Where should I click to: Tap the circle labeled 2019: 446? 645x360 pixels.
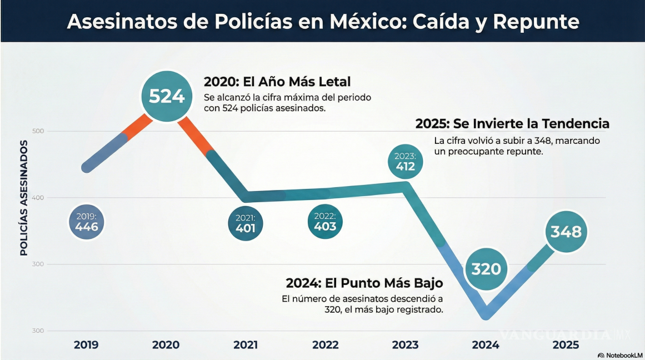[87, 223]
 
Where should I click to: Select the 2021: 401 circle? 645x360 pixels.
[245, 224]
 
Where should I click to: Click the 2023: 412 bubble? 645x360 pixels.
[405, 161]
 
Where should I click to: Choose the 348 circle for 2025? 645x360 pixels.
[566, 231]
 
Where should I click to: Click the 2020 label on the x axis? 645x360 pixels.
[166, 345]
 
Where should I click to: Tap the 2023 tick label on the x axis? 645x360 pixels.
[405, 345]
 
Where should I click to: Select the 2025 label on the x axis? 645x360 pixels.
[566, 345]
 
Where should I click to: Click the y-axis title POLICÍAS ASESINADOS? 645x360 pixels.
[24, 198]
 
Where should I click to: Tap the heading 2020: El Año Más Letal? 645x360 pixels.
[277, 82]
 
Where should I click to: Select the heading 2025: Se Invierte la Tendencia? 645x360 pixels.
[512, 123]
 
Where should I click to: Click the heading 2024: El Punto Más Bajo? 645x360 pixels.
[364, 283]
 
